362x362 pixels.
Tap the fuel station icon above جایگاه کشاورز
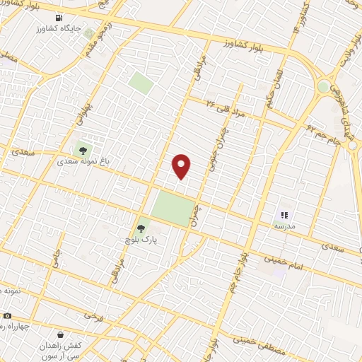click(58, 18)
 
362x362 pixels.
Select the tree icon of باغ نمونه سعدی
click(83, 149)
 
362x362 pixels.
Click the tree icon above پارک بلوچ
click(141, 228)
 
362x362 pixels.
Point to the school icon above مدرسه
click(284, 215)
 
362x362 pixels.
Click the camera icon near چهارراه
click(7, 315)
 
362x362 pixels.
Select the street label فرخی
click(90, 315)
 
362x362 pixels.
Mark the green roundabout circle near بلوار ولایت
click(323, 86)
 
